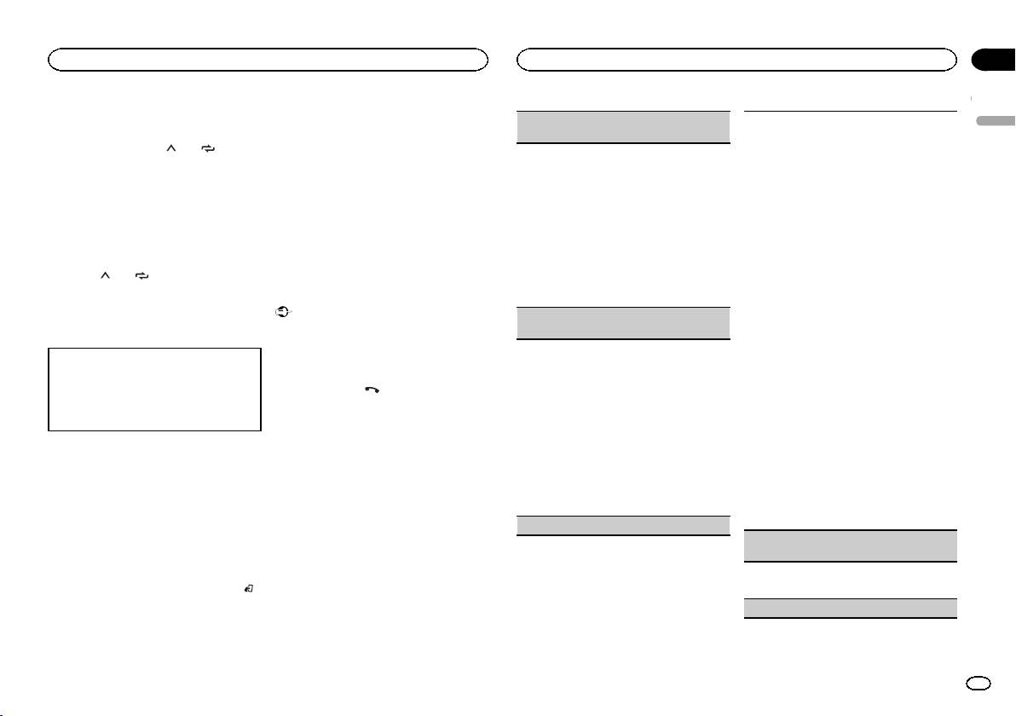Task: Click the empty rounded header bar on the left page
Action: (268, 59)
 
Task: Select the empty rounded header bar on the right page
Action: (736, 59)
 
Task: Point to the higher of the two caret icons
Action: (169, 147)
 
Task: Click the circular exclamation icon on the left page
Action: (280, 313)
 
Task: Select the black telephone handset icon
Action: (371, 388)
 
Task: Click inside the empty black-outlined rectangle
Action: (154, 390)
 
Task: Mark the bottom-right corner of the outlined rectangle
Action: (260, 431)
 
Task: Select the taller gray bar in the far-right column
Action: (850, 546)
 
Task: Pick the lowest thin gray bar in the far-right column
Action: (850, 608)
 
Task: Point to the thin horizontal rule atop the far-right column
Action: (850, 111)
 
